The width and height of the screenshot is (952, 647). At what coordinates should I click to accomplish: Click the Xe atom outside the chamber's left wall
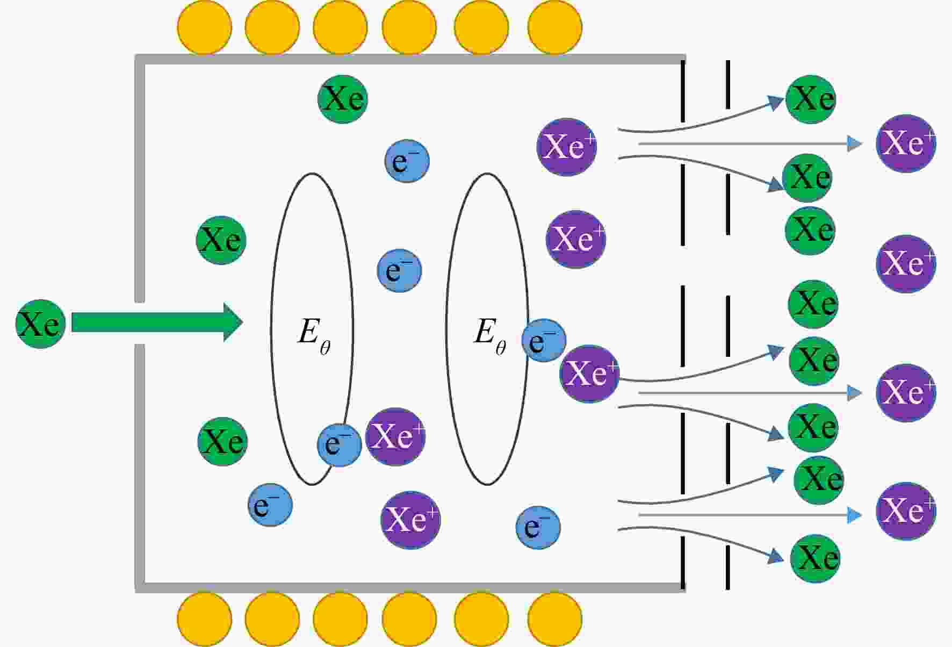41,324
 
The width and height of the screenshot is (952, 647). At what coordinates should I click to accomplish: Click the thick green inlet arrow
157,322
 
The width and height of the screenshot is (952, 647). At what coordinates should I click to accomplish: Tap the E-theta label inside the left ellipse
314,336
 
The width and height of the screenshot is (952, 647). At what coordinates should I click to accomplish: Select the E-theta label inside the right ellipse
489,336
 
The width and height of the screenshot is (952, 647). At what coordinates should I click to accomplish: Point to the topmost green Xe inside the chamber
343,99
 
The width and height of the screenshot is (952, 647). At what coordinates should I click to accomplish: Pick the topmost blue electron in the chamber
407,161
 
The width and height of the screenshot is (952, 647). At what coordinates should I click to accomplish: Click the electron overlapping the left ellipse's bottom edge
340,445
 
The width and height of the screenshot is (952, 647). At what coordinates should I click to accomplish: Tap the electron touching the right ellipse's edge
544,340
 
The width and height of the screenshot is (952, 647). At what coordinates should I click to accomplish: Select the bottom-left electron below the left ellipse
270,505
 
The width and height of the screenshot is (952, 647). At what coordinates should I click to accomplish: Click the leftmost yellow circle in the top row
205,27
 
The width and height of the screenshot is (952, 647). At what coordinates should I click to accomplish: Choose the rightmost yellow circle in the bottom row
555,619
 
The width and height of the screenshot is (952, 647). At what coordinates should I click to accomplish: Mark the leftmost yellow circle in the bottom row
205,619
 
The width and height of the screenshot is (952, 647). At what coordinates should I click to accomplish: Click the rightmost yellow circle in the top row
555,27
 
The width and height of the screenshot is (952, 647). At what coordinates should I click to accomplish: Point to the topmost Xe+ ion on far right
906,143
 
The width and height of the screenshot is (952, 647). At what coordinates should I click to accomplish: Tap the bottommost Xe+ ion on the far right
906,511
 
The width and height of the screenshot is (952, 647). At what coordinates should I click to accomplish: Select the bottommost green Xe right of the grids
815,558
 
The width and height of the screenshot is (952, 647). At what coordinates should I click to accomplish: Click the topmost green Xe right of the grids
811,99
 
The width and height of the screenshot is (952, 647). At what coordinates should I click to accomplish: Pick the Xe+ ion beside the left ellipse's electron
395,436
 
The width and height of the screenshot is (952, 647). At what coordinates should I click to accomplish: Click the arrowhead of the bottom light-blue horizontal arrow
855,515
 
